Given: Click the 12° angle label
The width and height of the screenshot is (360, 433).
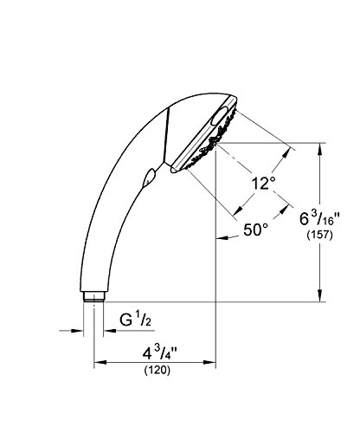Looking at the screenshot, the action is (x=263, y=183).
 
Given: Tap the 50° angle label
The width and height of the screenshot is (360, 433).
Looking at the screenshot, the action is (x=256, y=229).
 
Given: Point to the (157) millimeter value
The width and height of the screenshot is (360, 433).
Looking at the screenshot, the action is (x=320, y=235).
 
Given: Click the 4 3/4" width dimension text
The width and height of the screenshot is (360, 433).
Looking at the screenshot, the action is (x=159, y=353).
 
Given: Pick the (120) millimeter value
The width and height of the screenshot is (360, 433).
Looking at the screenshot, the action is (x=157, y=370).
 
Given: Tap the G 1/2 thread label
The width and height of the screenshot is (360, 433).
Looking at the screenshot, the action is (x=135, y=320).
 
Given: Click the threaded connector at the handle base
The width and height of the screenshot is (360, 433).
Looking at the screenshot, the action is (x=93, y=297).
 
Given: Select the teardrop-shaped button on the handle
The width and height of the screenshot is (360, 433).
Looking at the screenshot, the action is (x=149, y=177).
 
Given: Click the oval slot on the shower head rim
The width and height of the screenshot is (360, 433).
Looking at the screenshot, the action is (x=221, y=115).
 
